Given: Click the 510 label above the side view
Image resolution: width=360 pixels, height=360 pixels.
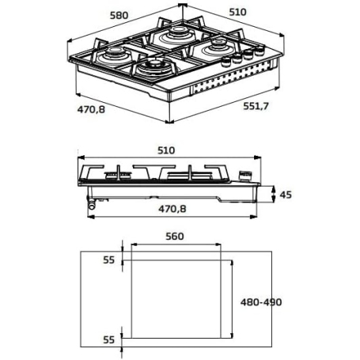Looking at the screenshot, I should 167,150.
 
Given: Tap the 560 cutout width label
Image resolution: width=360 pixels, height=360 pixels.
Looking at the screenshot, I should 175,236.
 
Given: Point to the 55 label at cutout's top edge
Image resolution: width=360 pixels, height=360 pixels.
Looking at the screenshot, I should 109,259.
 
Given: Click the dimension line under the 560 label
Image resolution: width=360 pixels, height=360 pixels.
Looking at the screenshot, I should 176,246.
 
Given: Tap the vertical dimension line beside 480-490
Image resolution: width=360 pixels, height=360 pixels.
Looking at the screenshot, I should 232,301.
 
